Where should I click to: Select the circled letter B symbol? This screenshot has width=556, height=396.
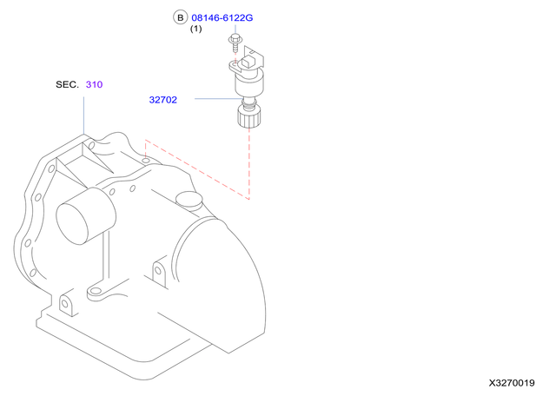[x=180, y=17]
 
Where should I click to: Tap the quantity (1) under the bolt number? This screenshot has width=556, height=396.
[x=195, y=30]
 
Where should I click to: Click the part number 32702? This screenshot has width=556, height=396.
[x=162, y=100]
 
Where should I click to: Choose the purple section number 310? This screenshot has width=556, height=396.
[x=95, y=84]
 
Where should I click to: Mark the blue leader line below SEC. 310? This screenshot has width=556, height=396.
[x=84, y=113]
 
